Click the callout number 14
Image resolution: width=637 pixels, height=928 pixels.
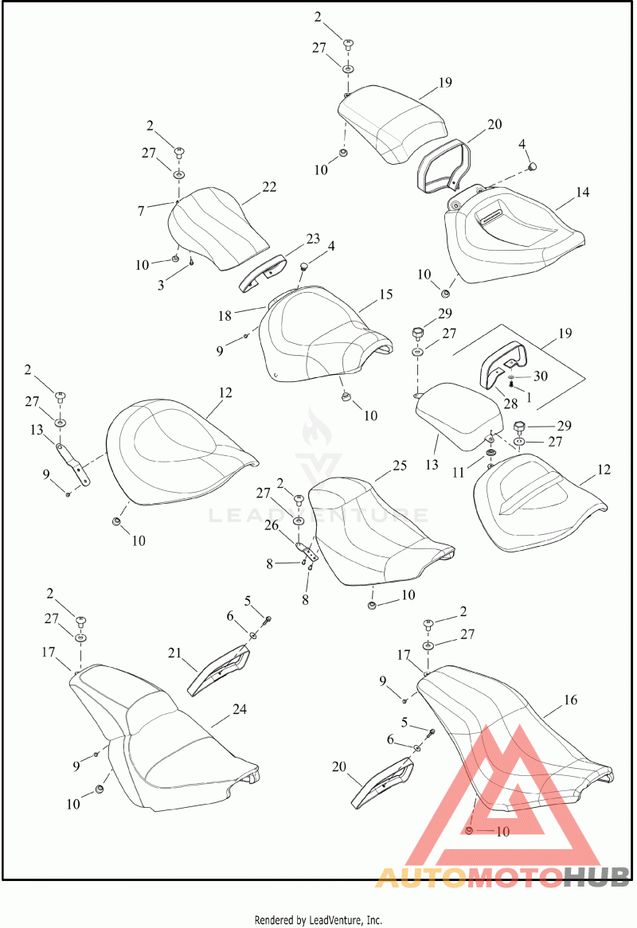click(x=583, y=192)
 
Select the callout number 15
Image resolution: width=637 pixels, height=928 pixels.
click(x=386, y=294)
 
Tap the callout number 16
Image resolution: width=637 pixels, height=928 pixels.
click(x=570, y=700)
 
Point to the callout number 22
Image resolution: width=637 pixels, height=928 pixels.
click(x=269, y=187)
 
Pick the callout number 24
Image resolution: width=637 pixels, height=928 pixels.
click(x=240, y=708)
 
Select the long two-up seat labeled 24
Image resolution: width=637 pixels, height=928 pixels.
click(x=167, y=748)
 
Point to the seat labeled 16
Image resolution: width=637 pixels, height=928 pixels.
click(x=510, y=740)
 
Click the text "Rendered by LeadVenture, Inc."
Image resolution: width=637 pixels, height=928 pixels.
click(x=318, y=920)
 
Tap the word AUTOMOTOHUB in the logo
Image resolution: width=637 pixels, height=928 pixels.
click(x=502, y=877)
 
